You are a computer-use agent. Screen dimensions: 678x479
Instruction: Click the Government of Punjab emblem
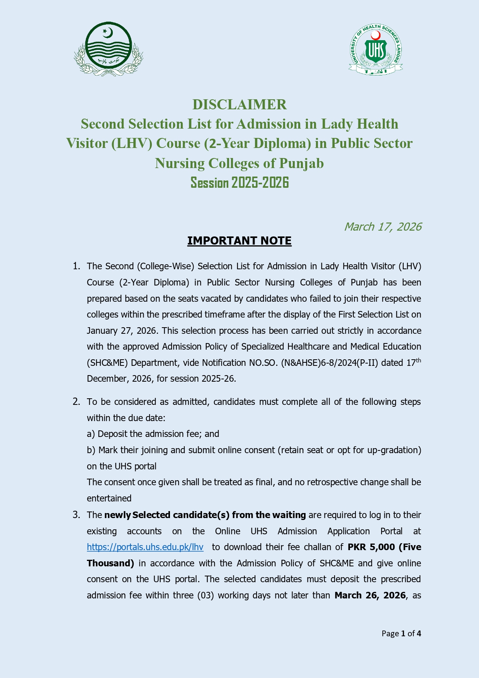click(109, 49)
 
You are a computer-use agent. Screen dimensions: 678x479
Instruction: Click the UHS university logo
click(375, 49)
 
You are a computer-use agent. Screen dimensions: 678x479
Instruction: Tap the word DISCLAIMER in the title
click(239, 105)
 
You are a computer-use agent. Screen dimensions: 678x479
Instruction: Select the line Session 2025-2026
click(239, 182)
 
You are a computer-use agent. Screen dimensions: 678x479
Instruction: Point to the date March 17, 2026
click(382, 227)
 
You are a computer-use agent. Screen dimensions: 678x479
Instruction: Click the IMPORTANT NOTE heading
click(239, 241)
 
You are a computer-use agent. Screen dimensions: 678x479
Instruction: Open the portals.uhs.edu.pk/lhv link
click(145, 547)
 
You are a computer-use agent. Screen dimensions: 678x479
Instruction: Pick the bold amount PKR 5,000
click(371, 547)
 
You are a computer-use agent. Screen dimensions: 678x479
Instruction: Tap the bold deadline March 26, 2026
click(370, 595)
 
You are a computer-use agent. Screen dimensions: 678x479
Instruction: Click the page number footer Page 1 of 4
click(401, 634)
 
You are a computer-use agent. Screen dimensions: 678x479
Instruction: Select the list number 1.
click(76, 266)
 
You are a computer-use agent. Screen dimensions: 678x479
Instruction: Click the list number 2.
click(76, 402)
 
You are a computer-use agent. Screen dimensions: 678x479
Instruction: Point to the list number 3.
click(76, 515)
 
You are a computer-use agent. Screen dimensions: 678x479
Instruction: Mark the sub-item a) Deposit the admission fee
click(153, 434)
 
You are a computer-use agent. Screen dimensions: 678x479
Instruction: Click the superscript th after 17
click(418, 360)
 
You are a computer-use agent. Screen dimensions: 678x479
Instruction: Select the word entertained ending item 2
click(109, 498)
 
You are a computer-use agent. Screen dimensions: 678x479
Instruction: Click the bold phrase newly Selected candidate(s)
click(167, 515)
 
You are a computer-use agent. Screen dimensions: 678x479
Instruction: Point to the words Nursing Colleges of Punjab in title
click(239, 163)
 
